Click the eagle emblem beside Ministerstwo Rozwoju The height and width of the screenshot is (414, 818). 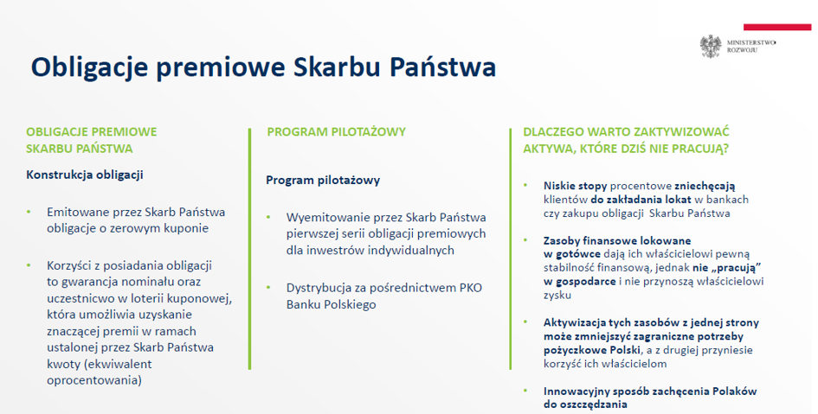(x=711, y=47)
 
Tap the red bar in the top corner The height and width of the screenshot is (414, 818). (x=777, y=27)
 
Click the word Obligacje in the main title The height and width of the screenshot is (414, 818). (x=88, y=67)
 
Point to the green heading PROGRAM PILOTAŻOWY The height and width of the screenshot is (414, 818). (x=337, y=131)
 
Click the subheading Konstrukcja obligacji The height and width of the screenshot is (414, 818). (x=85, y=175)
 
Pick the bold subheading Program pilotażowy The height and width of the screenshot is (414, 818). (x=323, y=180)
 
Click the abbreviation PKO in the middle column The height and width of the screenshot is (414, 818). (x=471, y=288)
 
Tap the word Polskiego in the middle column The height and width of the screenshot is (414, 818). (x=350, y=304)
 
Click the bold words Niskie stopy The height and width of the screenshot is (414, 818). (x=576, y=186)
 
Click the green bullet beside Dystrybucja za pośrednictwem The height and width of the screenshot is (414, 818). (x=268, y=288)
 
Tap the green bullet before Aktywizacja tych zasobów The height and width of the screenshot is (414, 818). (x=526, y=322)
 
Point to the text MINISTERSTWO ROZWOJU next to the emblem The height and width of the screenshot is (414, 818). (x=751, y=47)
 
